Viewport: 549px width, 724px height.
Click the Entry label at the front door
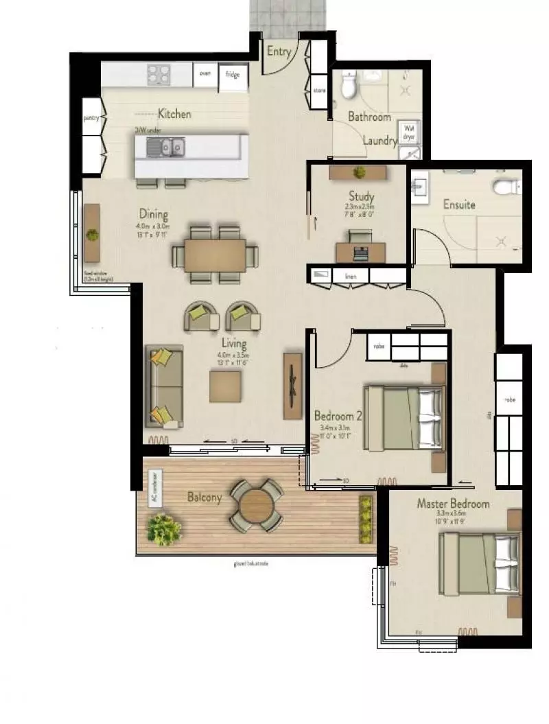279,51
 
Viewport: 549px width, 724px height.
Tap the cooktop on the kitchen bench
159,74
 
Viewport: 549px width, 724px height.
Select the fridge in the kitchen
233,77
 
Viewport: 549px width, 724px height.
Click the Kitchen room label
174,114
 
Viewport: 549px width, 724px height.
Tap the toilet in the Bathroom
349,86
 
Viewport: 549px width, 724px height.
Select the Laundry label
379,141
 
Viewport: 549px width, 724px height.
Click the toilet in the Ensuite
506,186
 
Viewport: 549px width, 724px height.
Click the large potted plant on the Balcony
163,529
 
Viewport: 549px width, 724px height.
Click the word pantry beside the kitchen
92,118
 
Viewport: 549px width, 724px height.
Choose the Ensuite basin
420,186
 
